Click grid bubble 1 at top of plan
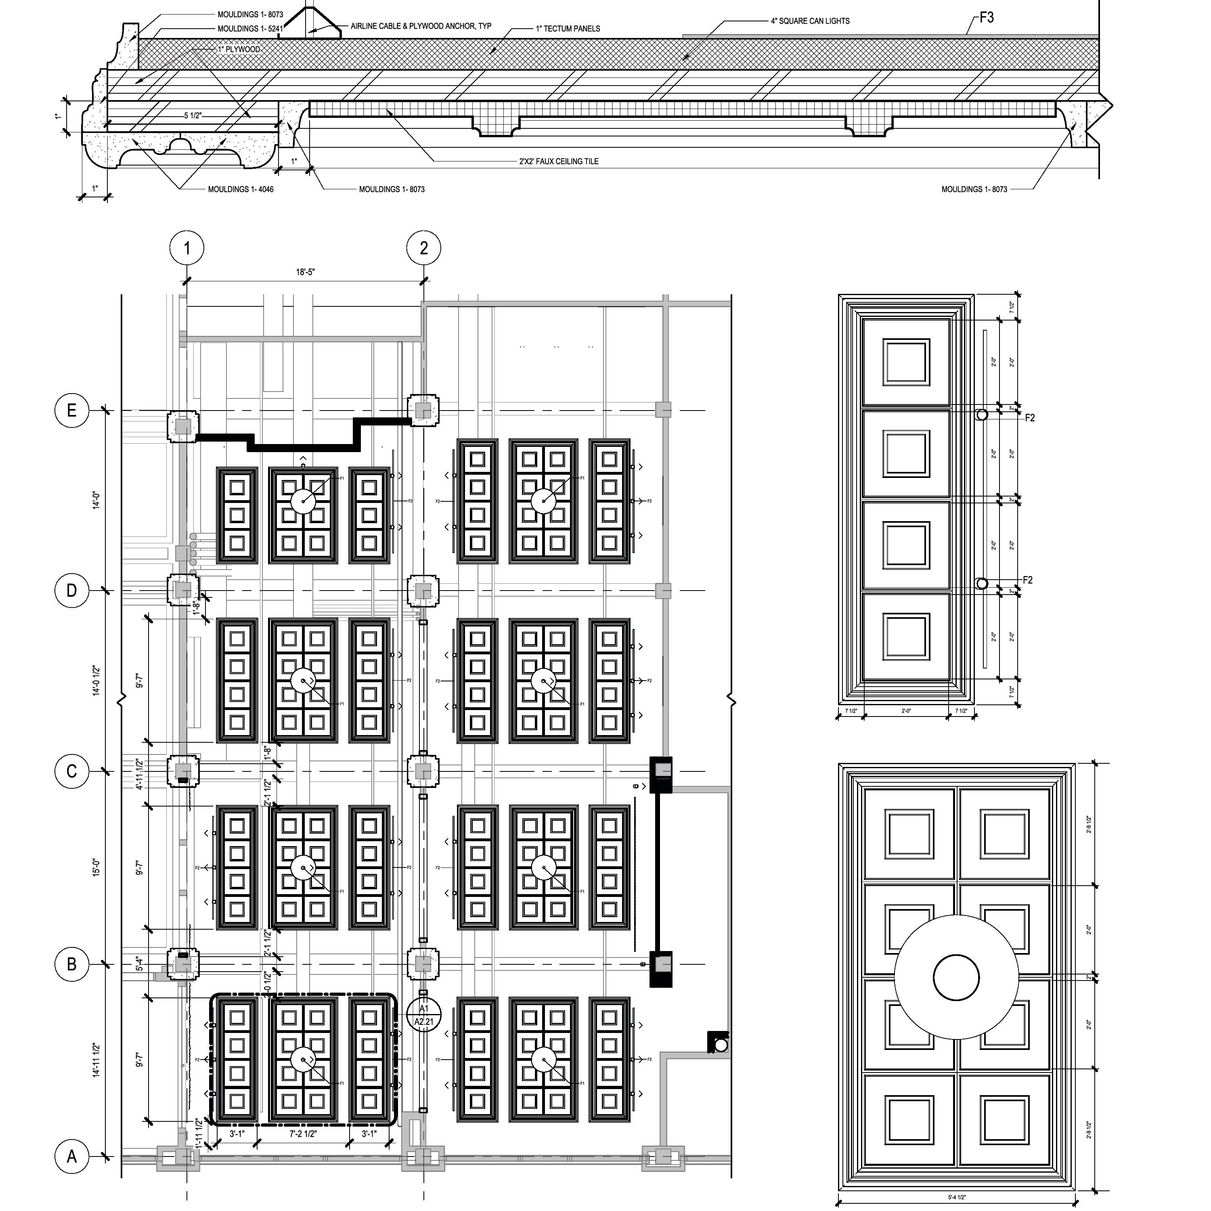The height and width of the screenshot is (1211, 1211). (x=187, y=248)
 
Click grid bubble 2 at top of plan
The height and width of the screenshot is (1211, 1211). (x=424, y=248)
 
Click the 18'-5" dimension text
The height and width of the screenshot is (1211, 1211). (x=305, y=272)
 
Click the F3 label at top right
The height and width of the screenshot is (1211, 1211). (x=987, y=17)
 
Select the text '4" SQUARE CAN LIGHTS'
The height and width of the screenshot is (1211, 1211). (x=810, y=21)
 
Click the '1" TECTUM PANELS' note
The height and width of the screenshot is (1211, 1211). (x=567, y=28)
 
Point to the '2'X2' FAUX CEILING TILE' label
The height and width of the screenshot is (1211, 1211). (x=559, y=161)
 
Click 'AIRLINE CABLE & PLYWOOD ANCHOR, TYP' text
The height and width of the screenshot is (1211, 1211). (x=421, y=26)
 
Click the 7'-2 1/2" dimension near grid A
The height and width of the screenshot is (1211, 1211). (x=304, y=1134)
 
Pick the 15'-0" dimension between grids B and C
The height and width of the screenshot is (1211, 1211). (x=96, y=867)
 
